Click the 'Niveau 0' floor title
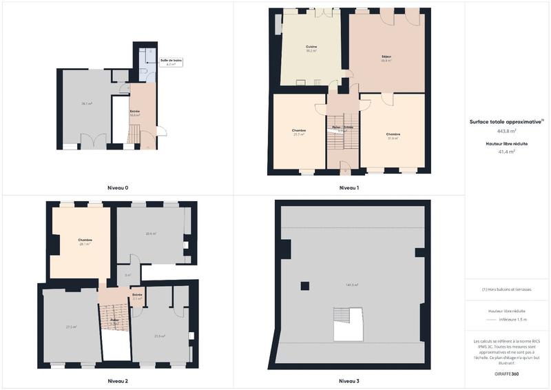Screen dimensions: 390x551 click(x=117, y=187)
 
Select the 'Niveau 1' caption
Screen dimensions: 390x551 click(x=349, y=187)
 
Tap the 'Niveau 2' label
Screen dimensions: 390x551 click(x=117, y=380)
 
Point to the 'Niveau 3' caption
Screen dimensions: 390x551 click(x=349, y=380)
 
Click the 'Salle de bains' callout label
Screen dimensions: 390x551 click(x=171, y=61)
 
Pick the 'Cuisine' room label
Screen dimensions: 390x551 click(x=311, y=47)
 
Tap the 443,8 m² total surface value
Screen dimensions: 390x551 click(x=507, y=130)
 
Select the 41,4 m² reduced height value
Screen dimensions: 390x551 click(x=507, y=150)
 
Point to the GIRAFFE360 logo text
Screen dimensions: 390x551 click(x=507, y=373)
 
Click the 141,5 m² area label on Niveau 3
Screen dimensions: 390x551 click(x=351, y=284)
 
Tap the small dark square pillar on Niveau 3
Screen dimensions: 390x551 click(x=304, y=284)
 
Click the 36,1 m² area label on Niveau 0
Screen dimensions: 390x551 click(x=87, y=103)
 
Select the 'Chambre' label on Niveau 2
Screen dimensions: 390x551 click(x=85, y=240)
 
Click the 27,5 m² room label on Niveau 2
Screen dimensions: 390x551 click(x=71, y=326)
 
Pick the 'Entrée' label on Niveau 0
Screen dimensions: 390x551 click(x=135, y=110)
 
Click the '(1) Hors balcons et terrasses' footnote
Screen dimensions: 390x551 click(x=507, y=289)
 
